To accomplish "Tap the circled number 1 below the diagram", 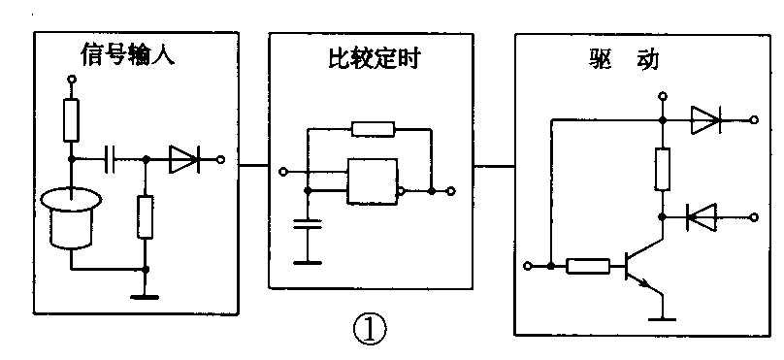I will [x=370, y=330].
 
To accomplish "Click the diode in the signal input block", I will [x=182, y=159].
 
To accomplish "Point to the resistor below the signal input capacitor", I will [x=146, y=215].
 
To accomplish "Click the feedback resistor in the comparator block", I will [x=374, y=127].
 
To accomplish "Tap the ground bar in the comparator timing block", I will [x=309, y=261].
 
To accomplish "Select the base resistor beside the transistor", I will [x=589, y=264].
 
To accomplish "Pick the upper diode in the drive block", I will [x=706, y=120].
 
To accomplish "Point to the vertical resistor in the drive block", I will [x=663, y=169].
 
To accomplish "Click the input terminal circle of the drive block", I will [x=529, y=264].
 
